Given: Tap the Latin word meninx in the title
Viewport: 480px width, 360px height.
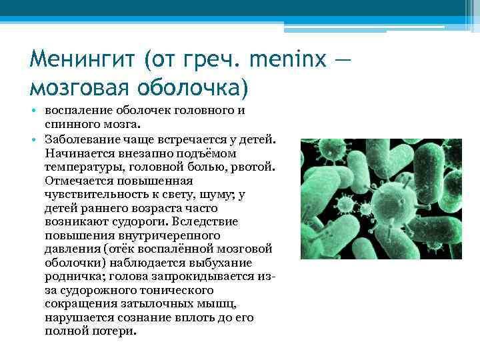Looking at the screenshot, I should tap(287, 61).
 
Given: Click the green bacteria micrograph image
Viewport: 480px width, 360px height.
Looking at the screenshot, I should tap(381, 199).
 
